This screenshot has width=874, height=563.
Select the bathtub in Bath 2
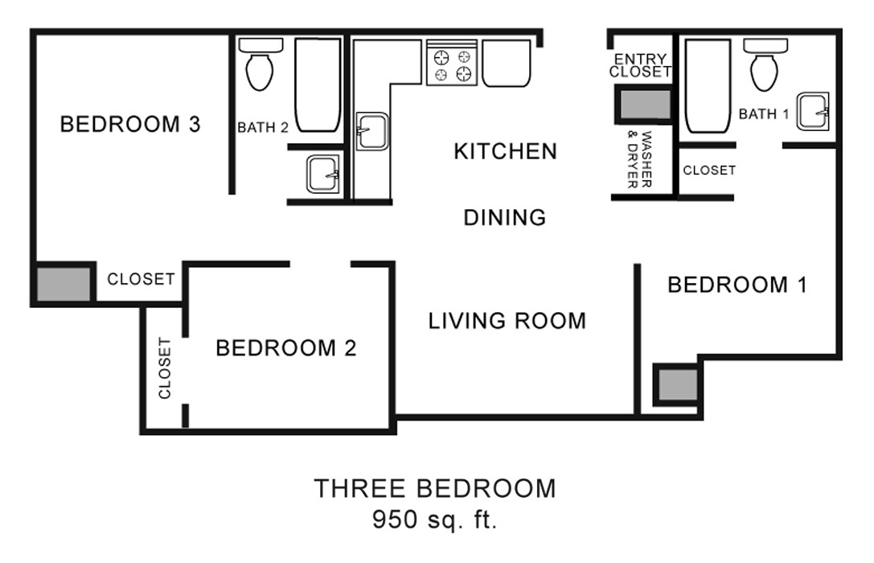(318, 85)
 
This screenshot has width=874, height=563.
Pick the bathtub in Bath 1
(708, 87)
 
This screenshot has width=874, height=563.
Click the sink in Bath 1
(814, 112)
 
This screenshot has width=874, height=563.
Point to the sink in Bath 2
(323, 174)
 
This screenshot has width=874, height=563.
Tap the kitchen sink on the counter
(372, 131)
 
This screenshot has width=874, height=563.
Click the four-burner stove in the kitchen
(452, 64)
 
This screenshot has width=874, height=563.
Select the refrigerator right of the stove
(506, 63)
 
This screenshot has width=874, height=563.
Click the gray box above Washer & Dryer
(643, 105)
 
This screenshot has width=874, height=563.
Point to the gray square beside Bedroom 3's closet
(64, 283)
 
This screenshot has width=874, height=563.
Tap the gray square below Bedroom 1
(675, 385)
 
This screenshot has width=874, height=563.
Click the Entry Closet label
(640, 65)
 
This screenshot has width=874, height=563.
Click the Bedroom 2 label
(285, 348)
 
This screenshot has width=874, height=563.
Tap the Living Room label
(507, 321)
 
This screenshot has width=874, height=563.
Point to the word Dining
(505, 217)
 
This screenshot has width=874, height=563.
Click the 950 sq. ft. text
(434, 519)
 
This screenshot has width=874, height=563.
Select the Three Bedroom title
(434, 488)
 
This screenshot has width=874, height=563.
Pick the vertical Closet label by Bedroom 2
(165, 368)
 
